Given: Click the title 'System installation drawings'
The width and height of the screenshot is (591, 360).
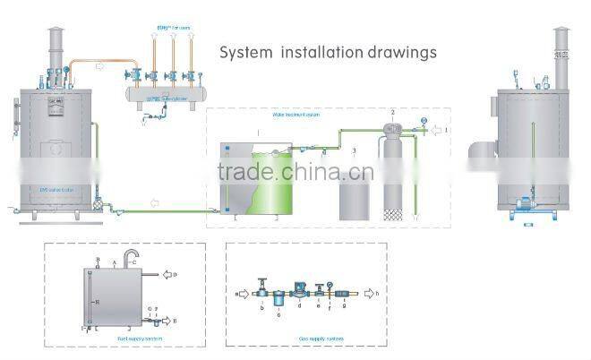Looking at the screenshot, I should tap(329, 52).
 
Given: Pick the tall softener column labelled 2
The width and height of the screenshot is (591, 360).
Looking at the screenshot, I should tap(393, 179).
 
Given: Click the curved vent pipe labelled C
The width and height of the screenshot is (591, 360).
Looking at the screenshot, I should tap(132, 257).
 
